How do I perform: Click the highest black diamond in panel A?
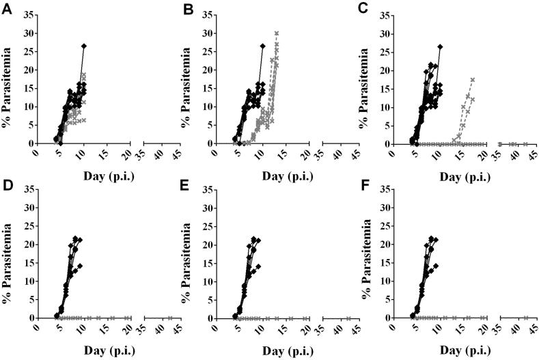(83, 46)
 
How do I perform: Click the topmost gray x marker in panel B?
(277, 33)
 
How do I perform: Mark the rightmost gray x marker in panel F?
(526, 318)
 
